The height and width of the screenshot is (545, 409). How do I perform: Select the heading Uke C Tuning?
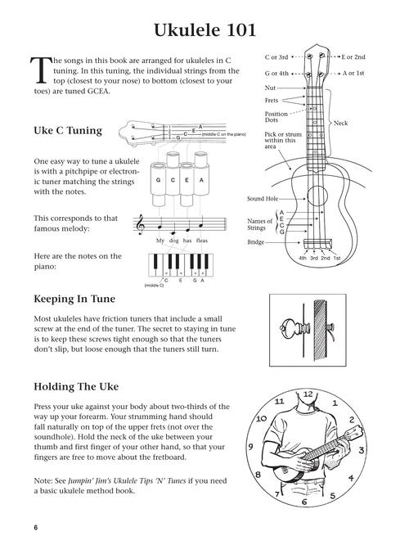[x=67, y=130]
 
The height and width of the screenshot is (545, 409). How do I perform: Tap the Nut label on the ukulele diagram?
[x=270, y=87]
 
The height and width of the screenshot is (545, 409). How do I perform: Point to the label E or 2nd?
[x=353, y=57]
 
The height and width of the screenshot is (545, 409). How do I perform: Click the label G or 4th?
[x=279, y=73]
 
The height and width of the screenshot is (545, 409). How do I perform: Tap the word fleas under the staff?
[x=201, y=241]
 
